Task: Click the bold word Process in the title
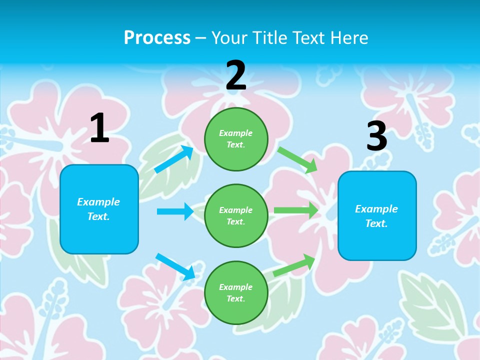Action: (157, 37)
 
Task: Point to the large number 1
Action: (99, 128)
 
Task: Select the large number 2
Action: (236, 75)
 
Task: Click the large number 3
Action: (377, 136)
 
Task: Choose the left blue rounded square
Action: (99, 209)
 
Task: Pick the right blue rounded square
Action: (377, 215)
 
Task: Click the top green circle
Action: (236, 139)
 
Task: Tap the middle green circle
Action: (236, 215)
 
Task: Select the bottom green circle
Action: (236, 292)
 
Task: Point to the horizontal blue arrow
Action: (175, 211)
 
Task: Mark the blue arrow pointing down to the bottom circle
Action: (175, 266)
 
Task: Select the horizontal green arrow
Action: (296, 210)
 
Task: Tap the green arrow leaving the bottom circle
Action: (294, 265)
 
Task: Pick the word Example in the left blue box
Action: (98, 202)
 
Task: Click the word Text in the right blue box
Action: (375, 223)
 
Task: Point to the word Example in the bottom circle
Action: (236, 287)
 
